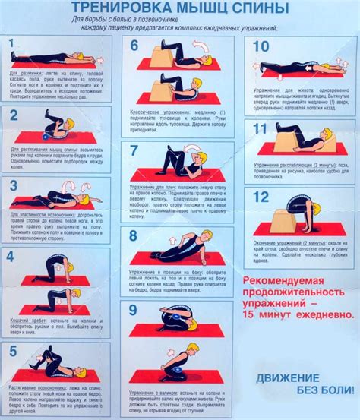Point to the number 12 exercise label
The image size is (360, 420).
(x=261, y=198)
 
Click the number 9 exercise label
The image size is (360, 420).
(x=134, y=311)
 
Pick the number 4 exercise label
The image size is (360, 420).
(x=11, y=257)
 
